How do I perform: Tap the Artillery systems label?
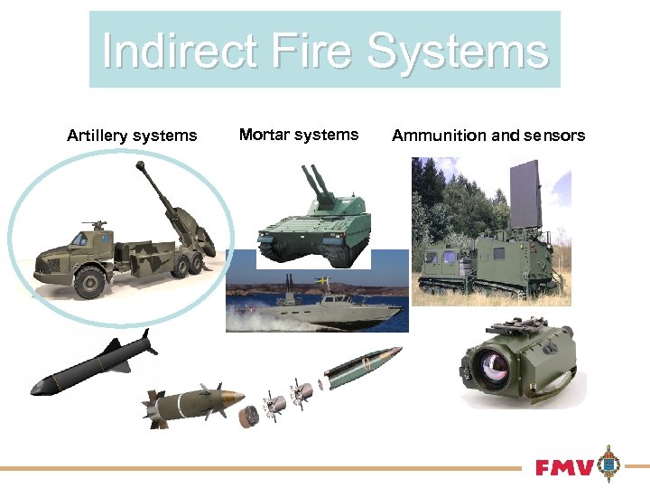132,136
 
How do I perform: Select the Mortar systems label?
299,135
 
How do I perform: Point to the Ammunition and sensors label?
488,136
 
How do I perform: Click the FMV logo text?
564,468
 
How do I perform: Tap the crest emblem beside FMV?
611,465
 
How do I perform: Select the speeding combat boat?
316,307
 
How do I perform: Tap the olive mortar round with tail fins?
194,403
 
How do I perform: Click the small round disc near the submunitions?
249,417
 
